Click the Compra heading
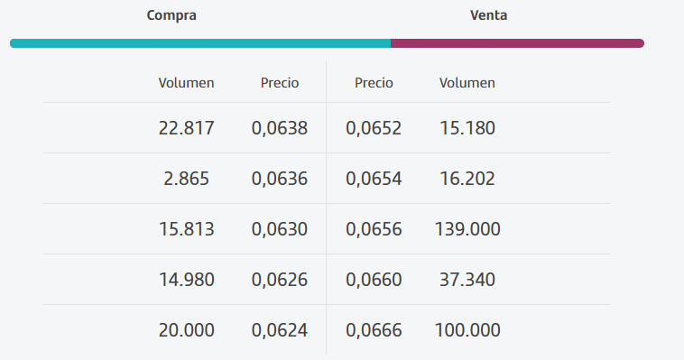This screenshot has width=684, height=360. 171,15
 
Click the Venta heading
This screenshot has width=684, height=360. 488,15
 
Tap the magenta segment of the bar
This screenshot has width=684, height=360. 516,42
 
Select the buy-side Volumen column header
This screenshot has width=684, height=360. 186,83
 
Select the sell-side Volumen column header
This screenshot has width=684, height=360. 467,83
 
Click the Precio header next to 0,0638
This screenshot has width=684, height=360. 280,83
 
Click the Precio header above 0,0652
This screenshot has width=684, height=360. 374,83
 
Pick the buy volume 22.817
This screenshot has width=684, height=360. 186,128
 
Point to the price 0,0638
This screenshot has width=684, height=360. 280,128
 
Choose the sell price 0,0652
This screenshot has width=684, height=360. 374,128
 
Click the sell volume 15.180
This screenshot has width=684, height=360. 467,128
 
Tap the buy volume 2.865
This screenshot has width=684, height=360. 186,179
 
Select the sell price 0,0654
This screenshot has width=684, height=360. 374,179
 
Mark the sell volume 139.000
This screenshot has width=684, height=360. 467,229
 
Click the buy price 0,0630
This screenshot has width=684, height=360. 280,229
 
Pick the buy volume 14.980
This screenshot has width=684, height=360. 186,280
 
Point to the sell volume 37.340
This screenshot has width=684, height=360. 467,280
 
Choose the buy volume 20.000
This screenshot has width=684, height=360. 186,330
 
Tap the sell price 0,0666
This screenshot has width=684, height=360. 374,330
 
